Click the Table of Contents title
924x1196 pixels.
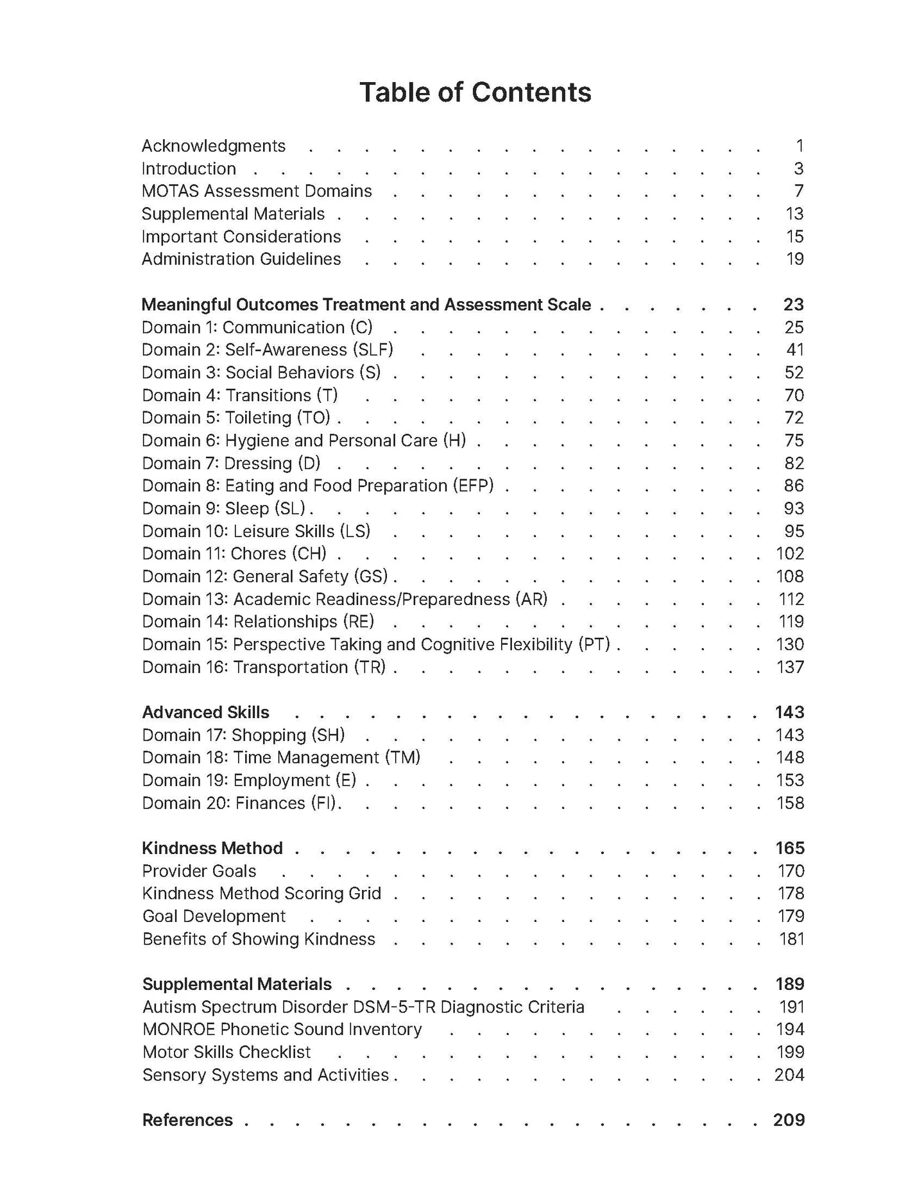pos(475,92)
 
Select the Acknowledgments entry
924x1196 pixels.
pos(213,146)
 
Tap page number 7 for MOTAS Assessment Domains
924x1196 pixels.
pos(798,191)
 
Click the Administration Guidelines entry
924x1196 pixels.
pos(241,259)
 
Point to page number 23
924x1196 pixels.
pos(793,305)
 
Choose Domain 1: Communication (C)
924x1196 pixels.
pos(257,327)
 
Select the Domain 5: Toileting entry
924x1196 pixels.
pos(235,418)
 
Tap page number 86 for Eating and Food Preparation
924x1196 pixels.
pos(794,486)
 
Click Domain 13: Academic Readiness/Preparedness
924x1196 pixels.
pos(345,599)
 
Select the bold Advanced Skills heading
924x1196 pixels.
pos(205,712)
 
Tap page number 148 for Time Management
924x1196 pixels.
pos(789,758)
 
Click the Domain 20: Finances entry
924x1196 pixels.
pos(241,803)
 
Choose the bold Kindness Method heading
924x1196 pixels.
pos(212,848)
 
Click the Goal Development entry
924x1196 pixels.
pos(214,916)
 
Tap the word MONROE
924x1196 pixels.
pos(178,1030)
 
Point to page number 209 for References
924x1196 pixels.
pos(789,1120)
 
